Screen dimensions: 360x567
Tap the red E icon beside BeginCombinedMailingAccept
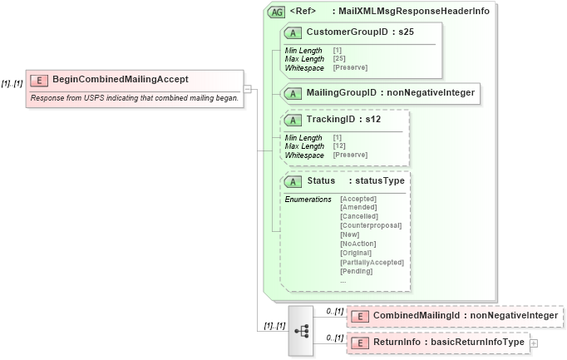(38, 80)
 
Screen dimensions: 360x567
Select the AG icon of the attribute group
(276, 12)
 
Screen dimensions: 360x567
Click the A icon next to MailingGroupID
(293, 92)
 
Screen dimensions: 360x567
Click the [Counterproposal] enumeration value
(371, 225)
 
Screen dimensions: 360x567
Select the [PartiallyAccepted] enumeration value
(372, 262)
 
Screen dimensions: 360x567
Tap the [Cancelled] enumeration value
(358, 216)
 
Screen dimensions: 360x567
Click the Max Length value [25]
(339, 59)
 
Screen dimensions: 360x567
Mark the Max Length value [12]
(339, 146)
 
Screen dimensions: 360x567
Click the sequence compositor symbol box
(301, 330)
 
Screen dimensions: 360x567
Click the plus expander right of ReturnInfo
(534, 343)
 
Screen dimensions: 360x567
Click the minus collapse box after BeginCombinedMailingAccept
(248, 88)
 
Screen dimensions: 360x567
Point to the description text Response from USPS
(134, 98)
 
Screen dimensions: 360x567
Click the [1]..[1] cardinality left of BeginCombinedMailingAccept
(12, 83)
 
